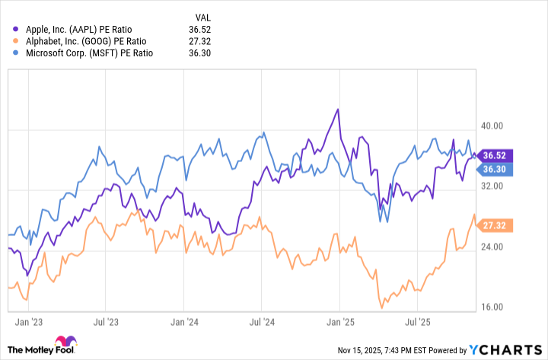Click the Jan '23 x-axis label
pyautogui.click(x=27, y=323)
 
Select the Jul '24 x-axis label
pyautogui.click(x=263, y=323)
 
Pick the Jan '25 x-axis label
pyautogui.click(x=341, y=323)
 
